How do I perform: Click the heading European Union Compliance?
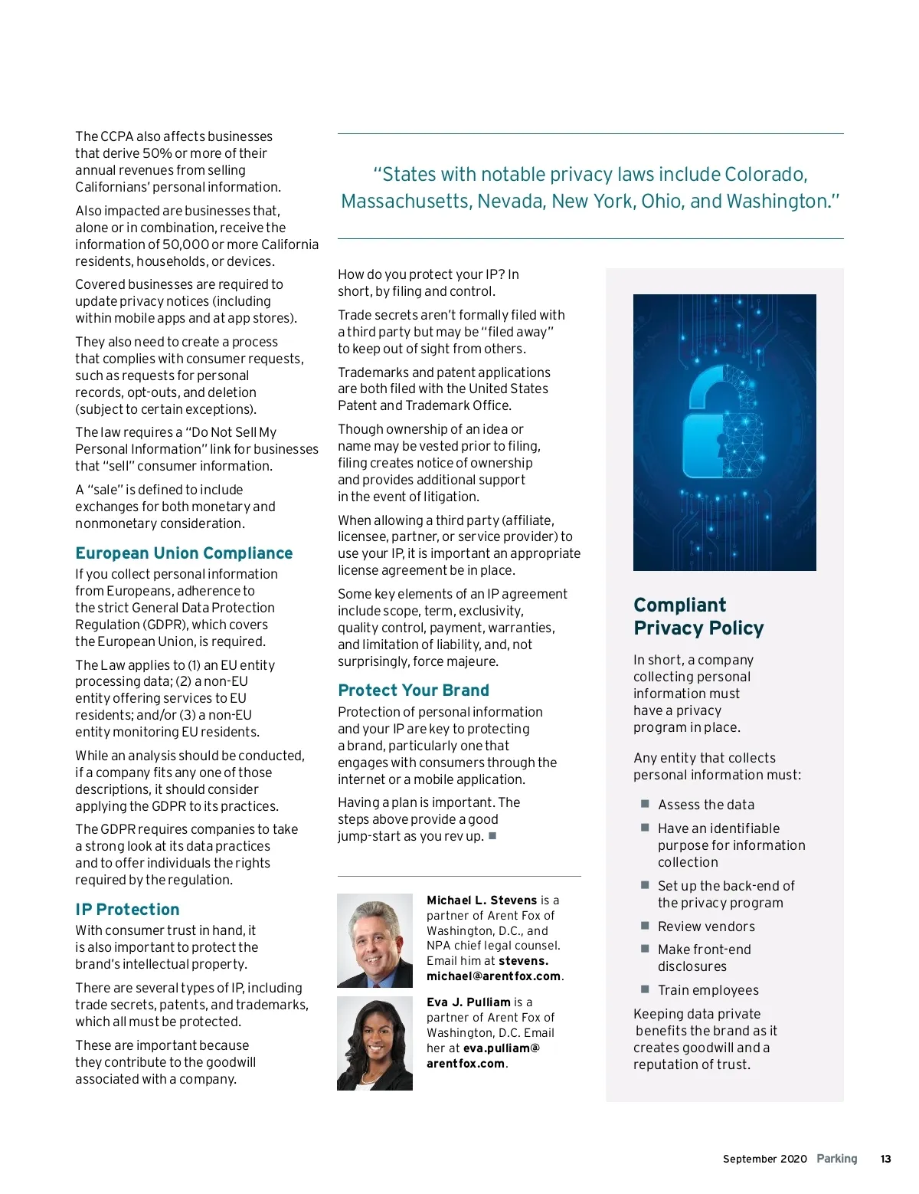click(184, 553)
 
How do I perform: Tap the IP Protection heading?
click(127, 910)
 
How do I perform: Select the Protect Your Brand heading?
click(414, 690)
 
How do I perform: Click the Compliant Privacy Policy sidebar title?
click(698, 617)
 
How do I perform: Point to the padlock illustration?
click(724, 432)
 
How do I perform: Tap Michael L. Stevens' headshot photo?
click(375, 940)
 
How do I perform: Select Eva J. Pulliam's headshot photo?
click(375, 1044)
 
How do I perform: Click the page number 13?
click(885, 1159)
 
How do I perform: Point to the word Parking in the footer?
click(837, 1159)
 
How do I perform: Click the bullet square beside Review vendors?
click(645, 926)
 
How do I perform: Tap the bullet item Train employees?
click(708, 990)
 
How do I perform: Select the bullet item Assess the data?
click(706, 805)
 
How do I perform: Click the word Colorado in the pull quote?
click(765, 175)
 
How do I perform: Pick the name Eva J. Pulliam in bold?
click(469, 1002)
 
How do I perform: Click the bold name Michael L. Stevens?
click(482, 900)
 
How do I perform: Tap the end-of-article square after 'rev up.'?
click(492, 836)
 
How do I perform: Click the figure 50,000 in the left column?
click(185, 244)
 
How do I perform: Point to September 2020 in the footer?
click(764, 1159)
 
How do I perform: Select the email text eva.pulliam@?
click(502, 1048)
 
